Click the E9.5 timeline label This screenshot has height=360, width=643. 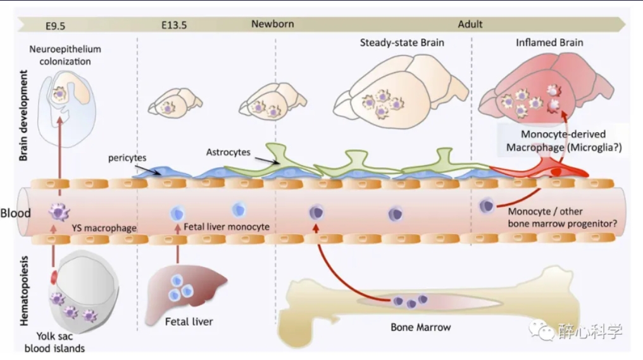(x=55, y=26)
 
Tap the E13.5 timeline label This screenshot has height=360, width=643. (x=174, y=25)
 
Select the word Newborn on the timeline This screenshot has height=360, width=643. (x=273, y=24)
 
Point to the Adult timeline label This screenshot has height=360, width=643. (x=470, y=24)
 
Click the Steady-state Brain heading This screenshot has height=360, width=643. (x=402, y=42)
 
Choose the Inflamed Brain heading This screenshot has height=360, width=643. (x=549, y=42)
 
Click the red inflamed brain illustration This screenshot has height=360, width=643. (x=546, y=89)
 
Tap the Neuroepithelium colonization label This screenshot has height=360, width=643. (x=65, y=55)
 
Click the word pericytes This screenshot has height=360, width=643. (x=127, y=158)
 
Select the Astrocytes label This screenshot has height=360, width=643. (x=228, y=152)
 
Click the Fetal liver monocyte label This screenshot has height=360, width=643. (x=227, y=227)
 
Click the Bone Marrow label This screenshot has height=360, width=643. (x=420, y=327)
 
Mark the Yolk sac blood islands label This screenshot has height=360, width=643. (x=54, y=342)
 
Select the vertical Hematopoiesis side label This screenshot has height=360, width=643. (x=24, y=290)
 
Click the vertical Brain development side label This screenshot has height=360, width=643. (x=23, y=115)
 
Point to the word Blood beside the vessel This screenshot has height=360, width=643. (x=16, y=213)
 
